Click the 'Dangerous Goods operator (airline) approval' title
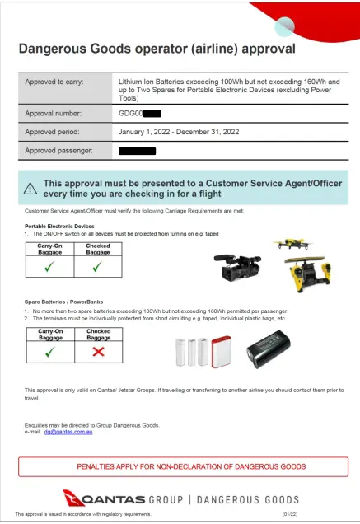157,48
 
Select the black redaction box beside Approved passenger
137,152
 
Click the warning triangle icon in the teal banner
31,188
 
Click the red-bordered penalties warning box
180,466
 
